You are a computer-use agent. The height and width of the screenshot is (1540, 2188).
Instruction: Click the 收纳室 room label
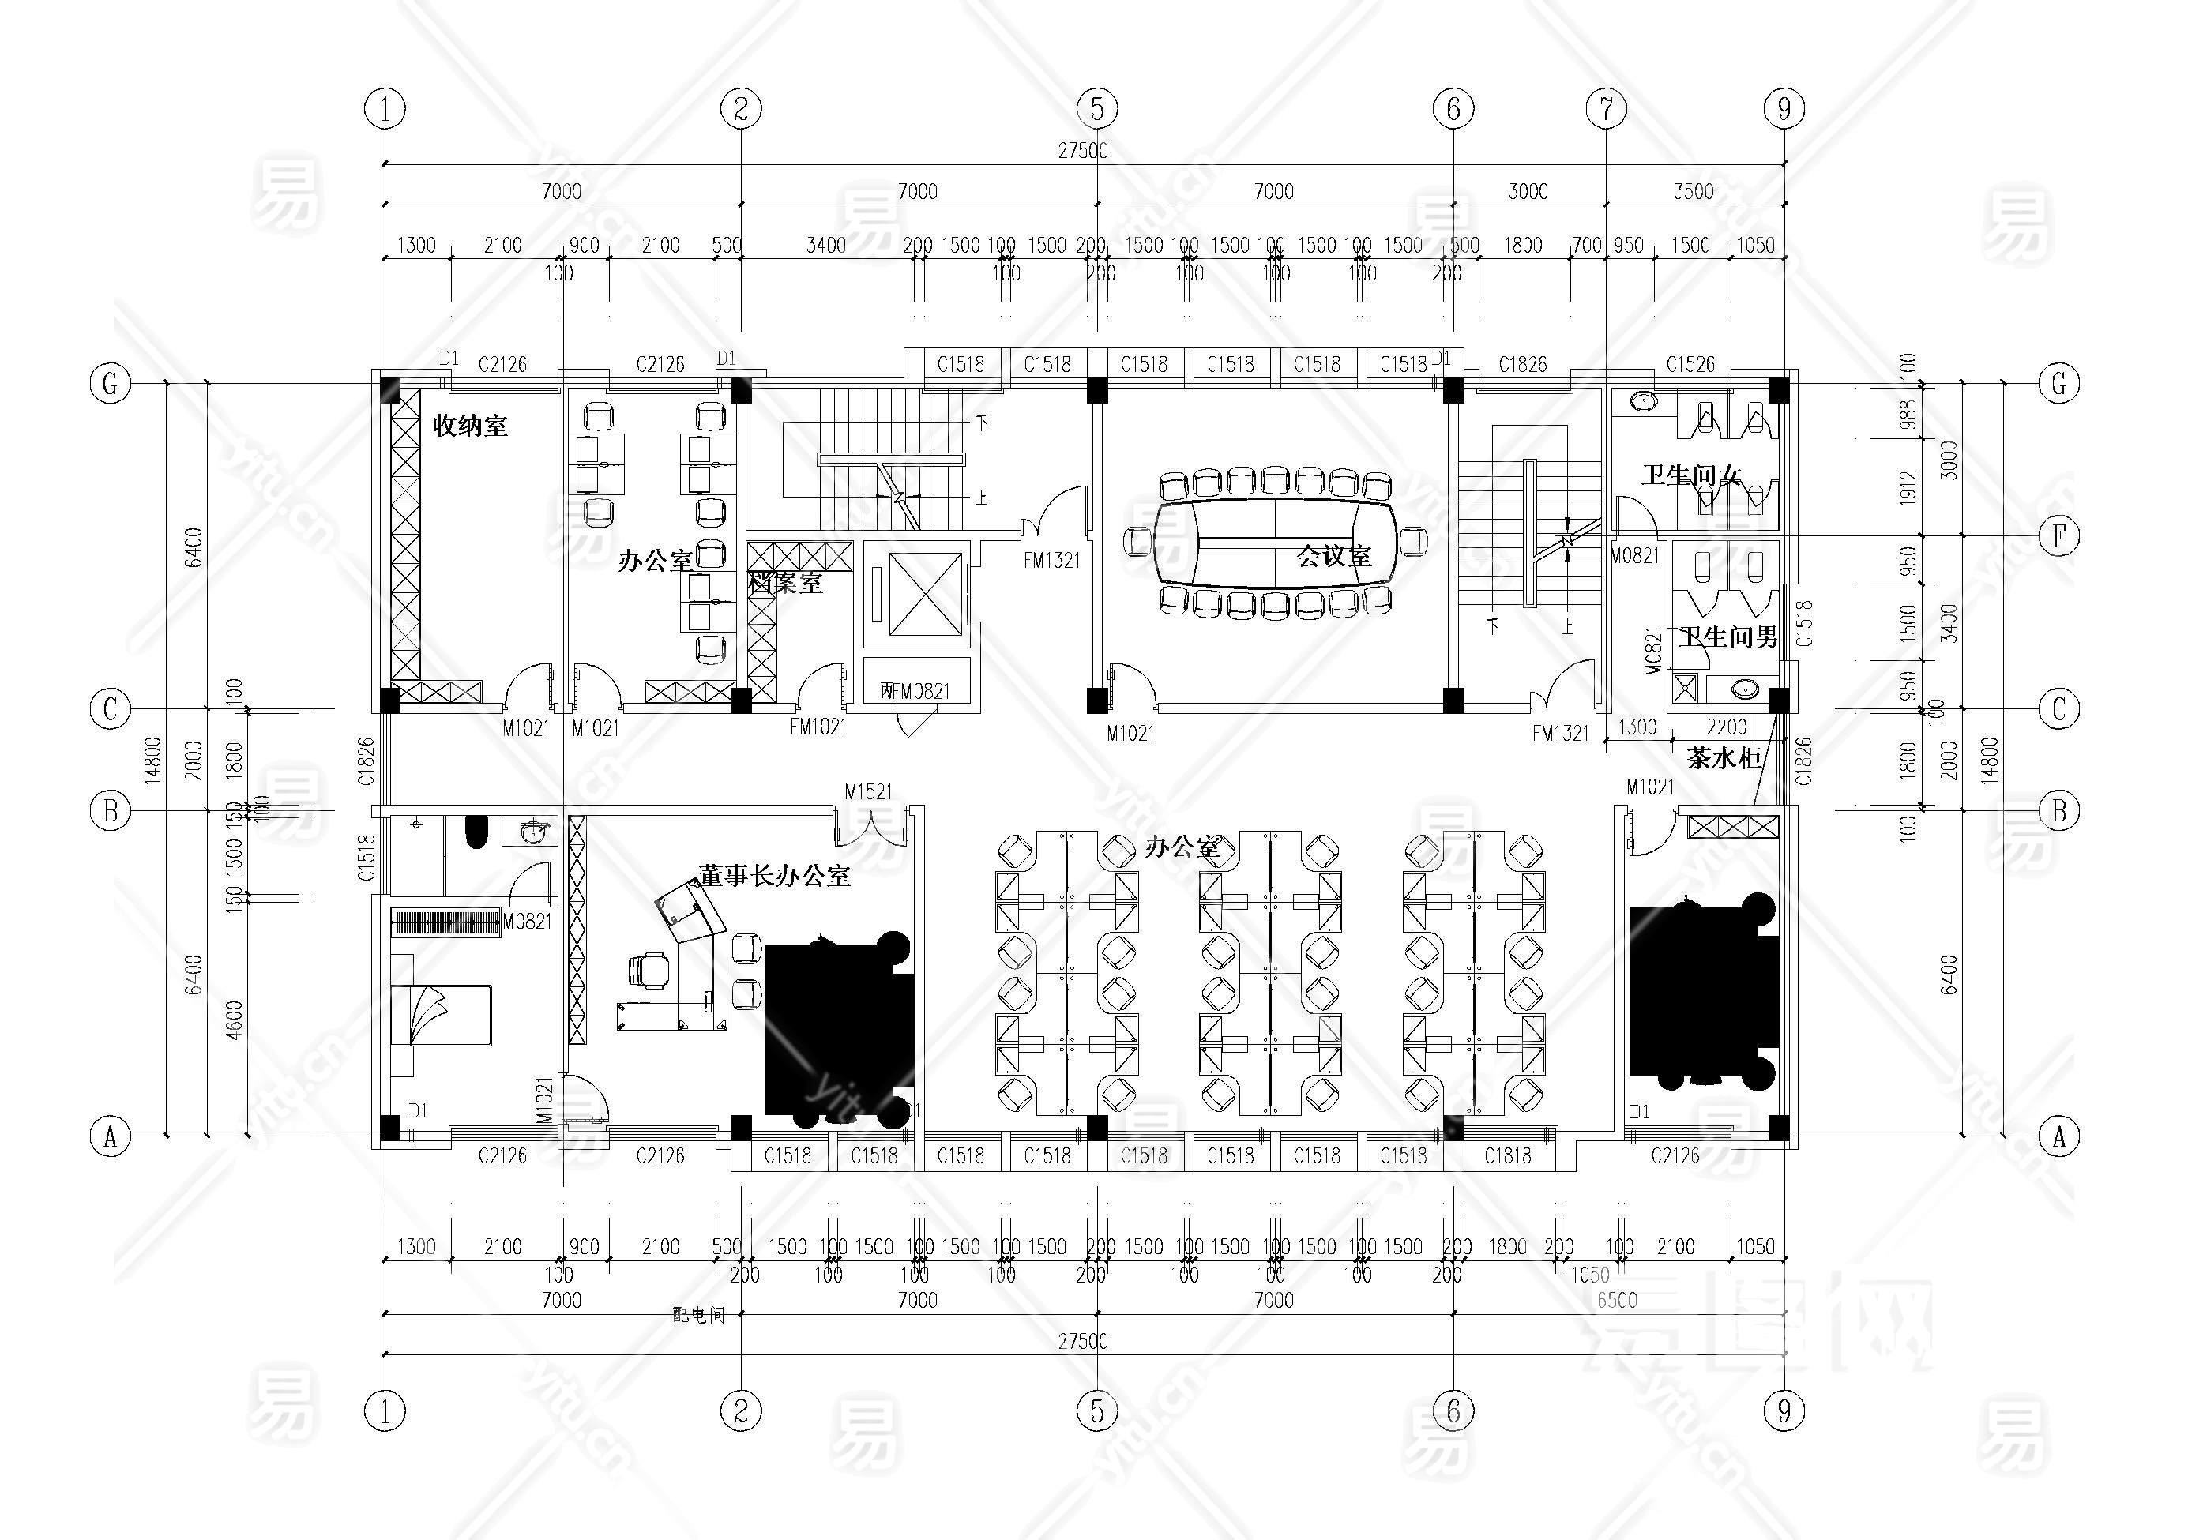470,425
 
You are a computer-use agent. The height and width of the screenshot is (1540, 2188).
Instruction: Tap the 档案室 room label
785,582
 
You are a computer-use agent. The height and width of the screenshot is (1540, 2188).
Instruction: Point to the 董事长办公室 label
774,875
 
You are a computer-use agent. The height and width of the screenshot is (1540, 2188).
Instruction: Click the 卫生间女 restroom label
1691,474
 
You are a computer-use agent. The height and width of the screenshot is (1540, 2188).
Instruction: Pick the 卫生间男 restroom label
1727,637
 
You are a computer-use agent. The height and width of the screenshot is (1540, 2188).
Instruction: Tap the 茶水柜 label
1723,759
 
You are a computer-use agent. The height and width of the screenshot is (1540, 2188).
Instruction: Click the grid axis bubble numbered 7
1606,109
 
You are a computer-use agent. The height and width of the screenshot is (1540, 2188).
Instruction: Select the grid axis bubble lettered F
2058,536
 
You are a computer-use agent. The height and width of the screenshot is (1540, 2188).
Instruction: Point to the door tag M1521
868,791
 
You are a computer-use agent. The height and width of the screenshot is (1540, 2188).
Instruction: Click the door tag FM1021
818,726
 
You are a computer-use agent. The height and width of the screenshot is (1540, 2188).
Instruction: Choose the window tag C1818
1508,1156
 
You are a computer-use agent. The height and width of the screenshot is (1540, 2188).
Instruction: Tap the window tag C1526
1690,364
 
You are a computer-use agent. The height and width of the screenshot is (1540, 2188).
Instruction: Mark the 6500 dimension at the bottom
1616,1300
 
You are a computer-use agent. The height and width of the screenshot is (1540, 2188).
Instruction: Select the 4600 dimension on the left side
235,1020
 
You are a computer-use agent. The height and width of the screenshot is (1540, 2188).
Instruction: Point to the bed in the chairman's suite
442,1016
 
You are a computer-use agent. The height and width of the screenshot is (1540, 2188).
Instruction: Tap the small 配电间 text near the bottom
698,1315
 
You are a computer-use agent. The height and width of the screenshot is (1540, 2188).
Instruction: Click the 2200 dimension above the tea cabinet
1726,727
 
